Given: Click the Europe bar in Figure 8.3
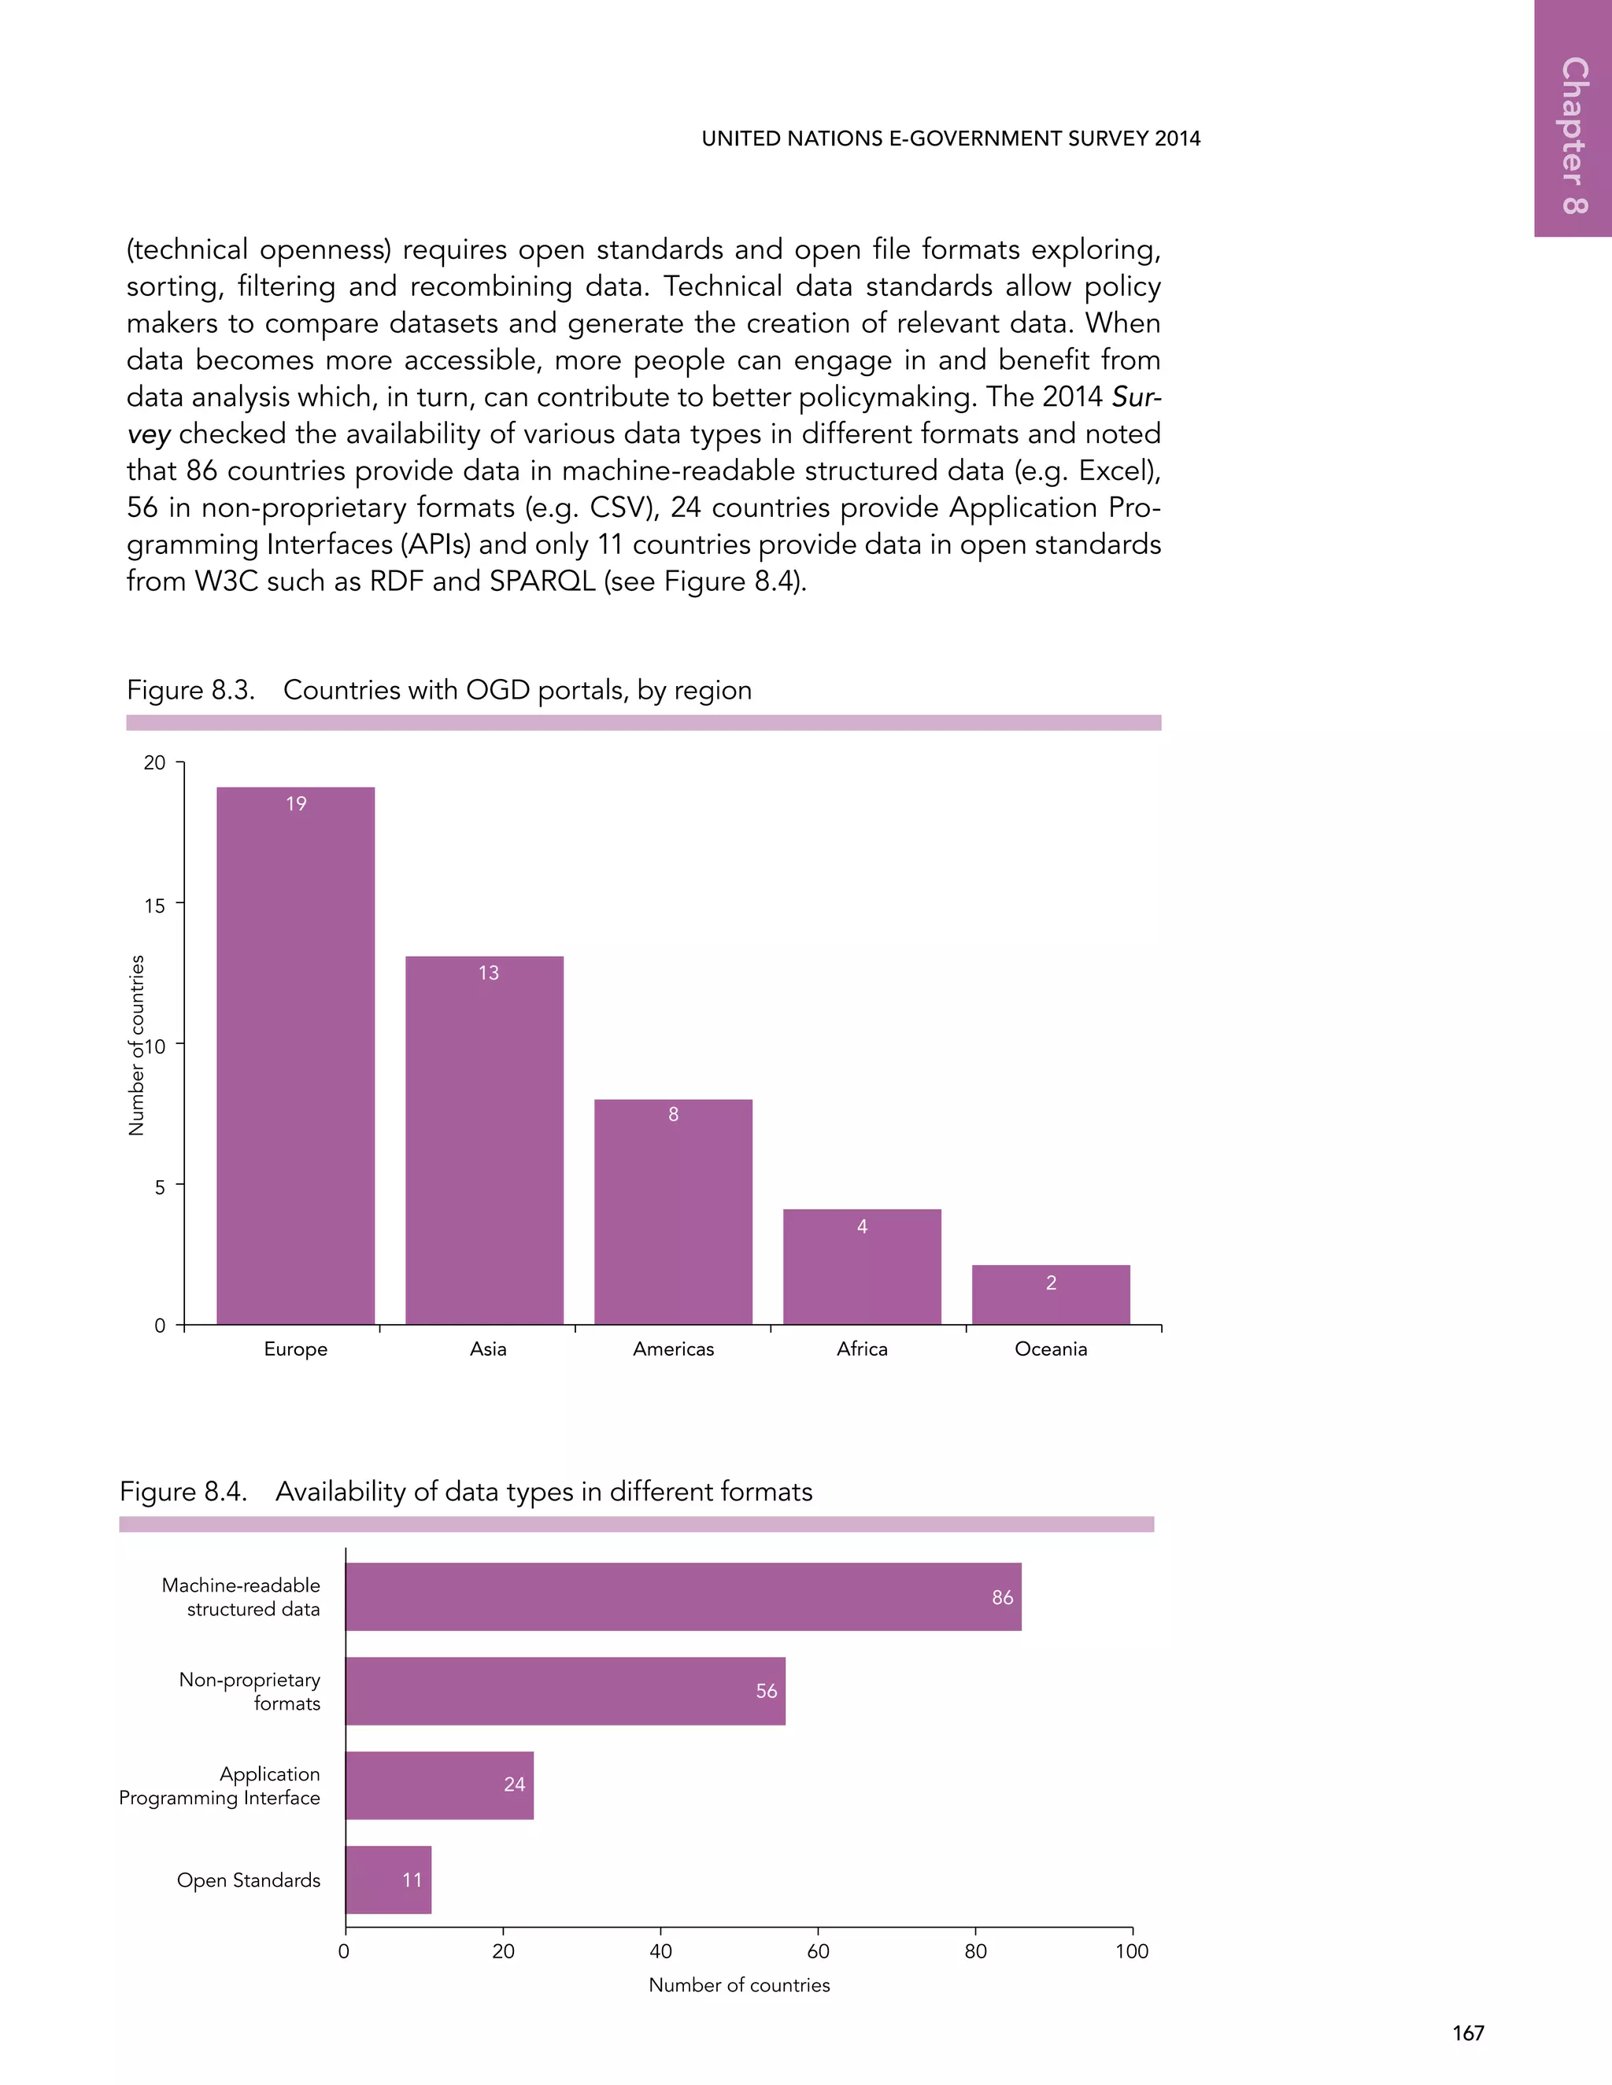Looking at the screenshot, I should (295, 1055).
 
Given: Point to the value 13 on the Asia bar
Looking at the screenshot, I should (488, 972).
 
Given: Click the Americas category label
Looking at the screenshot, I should (673, 1349).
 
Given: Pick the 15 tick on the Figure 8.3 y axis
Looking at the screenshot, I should (155, 905).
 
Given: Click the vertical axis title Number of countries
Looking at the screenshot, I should (136, 1046).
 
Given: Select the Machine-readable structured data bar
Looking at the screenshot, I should (682, 1596).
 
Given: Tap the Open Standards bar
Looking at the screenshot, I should (388, 1880).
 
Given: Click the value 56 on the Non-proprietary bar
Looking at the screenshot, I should (766, 1691).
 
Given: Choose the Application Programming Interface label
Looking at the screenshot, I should (220, 1785).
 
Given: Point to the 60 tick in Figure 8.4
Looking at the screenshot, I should (819, 1951).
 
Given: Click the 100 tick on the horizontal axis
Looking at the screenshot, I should (1132, 1951).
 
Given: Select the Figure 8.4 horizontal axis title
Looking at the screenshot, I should (739, 1985).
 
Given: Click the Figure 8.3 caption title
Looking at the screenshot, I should (439, 690).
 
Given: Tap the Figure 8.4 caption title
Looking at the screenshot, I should (466, 1491).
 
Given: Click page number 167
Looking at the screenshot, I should (1468, 2033).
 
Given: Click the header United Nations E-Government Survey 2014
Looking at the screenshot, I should (951, 138).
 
